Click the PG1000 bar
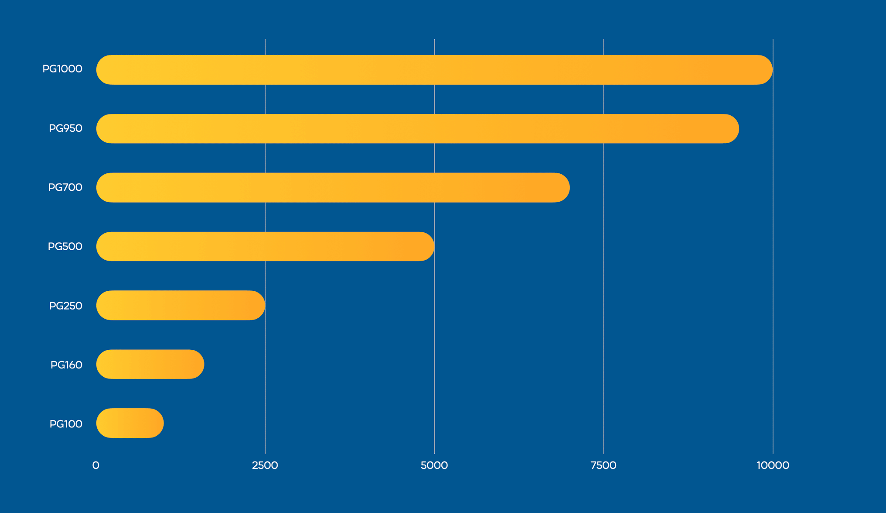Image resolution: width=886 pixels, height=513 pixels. pos(434,70)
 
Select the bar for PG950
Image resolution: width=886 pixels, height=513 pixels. pos(417,129)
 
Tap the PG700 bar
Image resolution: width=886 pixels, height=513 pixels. pos(333,188)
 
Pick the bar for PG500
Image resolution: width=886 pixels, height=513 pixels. pos(265,247)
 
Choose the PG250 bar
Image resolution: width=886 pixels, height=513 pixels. pos(181,306)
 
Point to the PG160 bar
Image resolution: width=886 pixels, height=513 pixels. pos(150,364)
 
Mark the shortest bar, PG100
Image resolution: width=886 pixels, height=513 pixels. pos(130,423)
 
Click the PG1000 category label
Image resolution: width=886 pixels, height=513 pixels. pos(62,69)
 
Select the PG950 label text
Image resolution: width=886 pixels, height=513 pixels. pos(65,128)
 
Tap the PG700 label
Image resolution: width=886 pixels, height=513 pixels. pos(65,187)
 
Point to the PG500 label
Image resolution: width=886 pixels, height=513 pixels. pos(65,247)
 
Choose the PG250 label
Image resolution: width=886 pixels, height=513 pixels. pos(65,306)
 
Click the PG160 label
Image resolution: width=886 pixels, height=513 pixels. pos(66,365)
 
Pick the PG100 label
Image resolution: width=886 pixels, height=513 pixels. pos(66,424)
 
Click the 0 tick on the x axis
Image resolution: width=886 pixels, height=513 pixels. pos(96,465)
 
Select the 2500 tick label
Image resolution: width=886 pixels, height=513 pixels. pos(265,465)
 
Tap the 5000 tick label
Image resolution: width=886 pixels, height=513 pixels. pos(434,465)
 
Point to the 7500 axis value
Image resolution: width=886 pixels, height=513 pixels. pos(603,465)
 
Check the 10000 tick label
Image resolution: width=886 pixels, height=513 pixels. pos(773,465)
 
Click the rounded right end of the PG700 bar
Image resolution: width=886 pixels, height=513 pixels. pos(560,188)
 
